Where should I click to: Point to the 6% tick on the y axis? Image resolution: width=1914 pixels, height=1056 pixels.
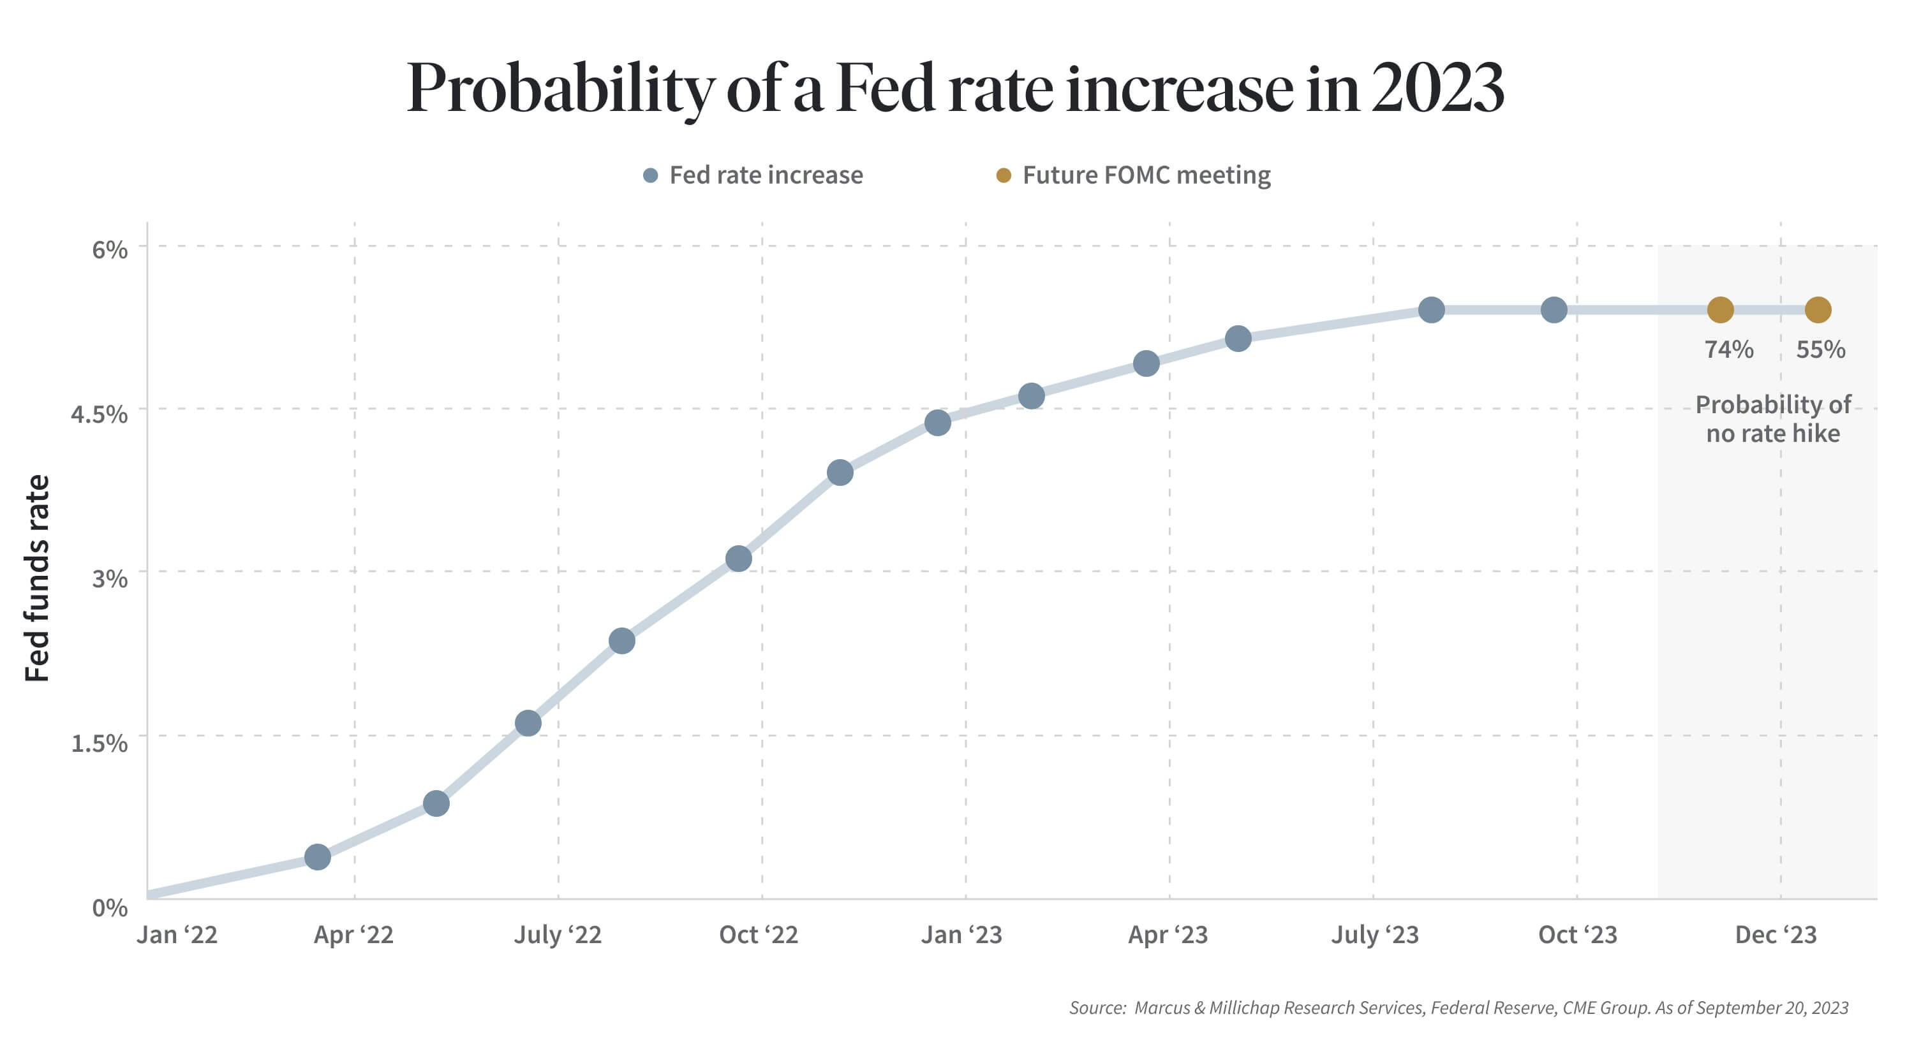click(110, 249)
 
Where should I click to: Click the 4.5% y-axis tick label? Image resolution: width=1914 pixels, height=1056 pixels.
click(100, 414)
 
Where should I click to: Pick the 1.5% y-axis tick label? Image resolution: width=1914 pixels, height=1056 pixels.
click(100, 743)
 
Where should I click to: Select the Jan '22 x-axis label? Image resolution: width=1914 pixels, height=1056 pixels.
click(177, 934)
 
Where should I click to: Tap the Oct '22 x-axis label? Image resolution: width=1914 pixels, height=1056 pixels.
click(759, 934)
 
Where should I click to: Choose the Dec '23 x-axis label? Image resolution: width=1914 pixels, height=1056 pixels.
click(1776, 934)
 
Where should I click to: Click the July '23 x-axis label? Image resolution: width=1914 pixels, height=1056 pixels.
click(1375, 934)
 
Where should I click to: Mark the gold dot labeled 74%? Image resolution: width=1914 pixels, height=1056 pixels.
click(1721, 310)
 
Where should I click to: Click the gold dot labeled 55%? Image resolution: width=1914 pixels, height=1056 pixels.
click(1818, 310)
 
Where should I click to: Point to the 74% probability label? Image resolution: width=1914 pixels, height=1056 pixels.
click(1729, 349)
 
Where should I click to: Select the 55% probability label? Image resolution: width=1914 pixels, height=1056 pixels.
click(1820, 349)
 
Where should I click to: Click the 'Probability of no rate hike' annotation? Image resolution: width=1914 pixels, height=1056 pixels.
click(1773, 419)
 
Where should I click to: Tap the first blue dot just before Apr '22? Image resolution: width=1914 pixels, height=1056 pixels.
click(318, 857)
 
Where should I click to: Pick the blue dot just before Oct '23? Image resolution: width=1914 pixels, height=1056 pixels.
click(1554, 310)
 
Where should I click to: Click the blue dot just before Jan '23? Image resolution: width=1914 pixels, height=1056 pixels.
click(938, 423)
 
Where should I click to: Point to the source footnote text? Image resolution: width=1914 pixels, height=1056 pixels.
click(1458, 1008)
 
